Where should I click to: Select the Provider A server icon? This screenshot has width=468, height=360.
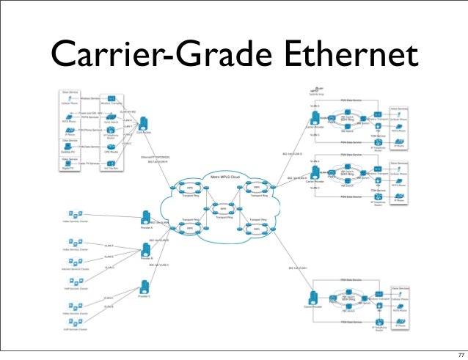pyautogui.click(x=145, y=217)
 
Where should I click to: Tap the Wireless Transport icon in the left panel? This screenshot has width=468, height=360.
pyautogui.click(x=111, y=98)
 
